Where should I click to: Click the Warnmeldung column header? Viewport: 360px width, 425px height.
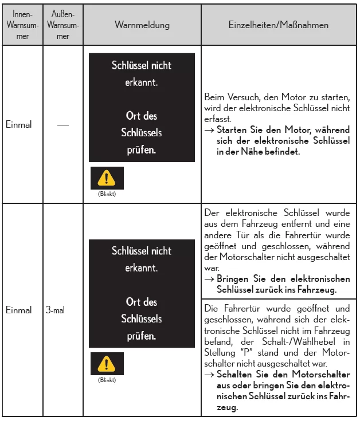(142, 25)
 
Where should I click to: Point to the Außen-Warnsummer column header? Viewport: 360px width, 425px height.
(63, 25)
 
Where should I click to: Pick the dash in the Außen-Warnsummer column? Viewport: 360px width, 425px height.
(62, 124)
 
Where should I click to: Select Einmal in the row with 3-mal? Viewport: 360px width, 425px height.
(18, 310)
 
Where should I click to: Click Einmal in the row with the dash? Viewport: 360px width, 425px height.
(18, 124)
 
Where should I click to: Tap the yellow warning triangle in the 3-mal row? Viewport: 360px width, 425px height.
(106, 364)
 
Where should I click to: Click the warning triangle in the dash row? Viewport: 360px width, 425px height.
(106, 179)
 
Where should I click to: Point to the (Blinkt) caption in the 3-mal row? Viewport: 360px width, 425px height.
(106, 380)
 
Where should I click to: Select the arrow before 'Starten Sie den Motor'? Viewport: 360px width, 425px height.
(209, 130)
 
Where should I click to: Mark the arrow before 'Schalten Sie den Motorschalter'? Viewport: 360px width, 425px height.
(209, 375)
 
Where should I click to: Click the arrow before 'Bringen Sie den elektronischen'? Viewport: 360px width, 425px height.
(209, 279)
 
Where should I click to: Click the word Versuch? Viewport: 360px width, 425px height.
(240, 99)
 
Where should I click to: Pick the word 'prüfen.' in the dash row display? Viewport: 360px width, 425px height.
(142, 150)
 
